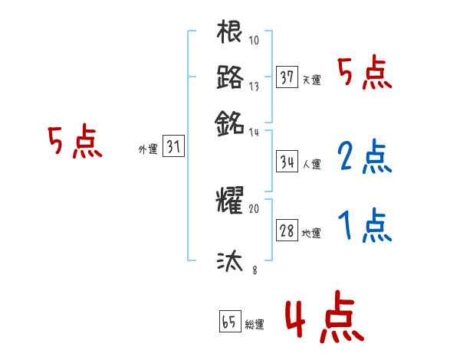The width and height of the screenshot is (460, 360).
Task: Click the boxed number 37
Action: (x=287, y=77)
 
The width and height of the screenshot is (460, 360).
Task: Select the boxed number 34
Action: (x=287, y=162)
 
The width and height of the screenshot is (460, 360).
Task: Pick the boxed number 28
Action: (x=287, y=231)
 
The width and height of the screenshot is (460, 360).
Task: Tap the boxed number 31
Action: (x=173, y=147)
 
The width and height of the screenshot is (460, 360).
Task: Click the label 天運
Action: (x=312, y=80)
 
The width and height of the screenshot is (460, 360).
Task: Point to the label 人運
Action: (x=312, y=164)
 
